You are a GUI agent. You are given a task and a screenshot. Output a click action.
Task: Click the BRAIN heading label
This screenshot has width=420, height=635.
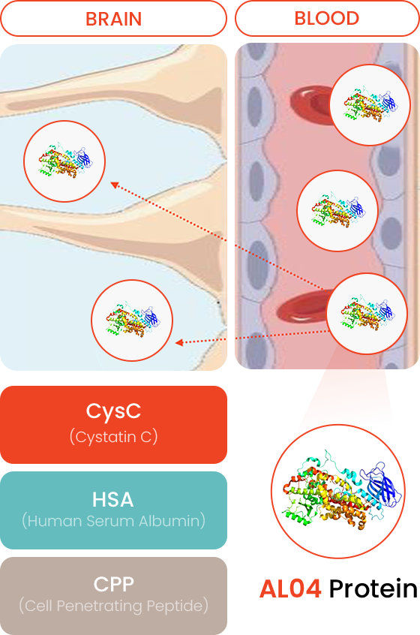(114, 19)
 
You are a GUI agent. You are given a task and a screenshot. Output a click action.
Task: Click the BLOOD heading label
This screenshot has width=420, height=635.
(327, 18)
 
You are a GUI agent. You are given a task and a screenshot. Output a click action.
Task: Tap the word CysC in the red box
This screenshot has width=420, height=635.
(113, 411)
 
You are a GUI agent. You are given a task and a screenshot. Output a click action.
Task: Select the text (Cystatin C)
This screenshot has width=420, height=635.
(114, 437)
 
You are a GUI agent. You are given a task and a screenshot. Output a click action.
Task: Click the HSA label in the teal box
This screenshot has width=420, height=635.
(113, 500)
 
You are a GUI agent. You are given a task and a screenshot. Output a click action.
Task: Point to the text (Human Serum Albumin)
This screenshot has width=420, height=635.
(114, 521)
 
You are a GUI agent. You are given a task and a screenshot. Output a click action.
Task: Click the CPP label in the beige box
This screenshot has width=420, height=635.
(114, 585)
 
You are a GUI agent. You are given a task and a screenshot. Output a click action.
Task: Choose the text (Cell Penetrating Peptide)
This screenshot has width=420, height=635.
(114, 606)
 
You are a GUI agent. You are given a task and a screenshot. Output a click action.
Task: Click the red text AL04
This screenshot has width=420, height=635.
(290, 588)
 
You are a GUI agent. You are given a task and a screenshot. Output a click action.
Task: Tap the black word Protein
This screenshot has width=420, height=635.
(373, 588)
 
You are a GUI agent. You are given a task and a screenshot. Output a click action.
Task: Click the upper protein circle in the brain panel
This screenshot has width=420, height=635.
(64, 161)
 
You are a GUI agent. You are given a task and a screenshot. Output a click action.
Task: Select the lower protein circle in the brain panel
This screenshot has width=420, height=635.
(132, 321)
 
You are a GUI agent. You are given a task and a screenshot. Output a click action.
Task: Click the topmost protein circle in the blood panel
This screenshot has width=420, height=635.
(370, 105)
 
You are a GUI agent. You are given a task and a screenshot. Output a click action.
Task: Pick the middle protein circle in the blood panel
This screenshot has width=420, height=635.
(337, 211)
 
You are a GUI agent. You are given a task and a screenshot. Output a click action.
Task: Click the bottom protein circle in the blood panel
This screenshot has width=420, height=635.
(367, 314)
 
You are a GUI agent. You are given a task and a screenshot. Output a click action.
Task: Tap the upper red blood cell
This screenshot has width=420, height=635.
(310, 104)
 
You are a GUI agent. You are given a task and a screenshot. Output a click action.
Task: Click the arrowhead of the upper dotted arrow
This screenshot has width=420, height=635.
(114, 185)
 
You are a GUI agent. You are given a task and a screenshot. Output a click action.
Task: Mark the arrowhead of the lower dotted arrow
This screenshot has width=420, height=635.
(178, 342)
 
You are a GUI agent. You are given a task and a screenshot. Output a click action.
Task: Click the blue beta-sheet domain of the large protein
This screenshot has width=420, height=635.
(382, 485)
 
